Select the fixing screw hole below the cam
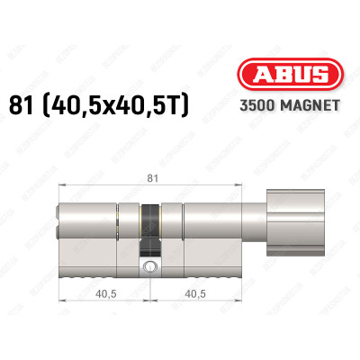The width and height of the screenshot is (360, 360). pos(148,266)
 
